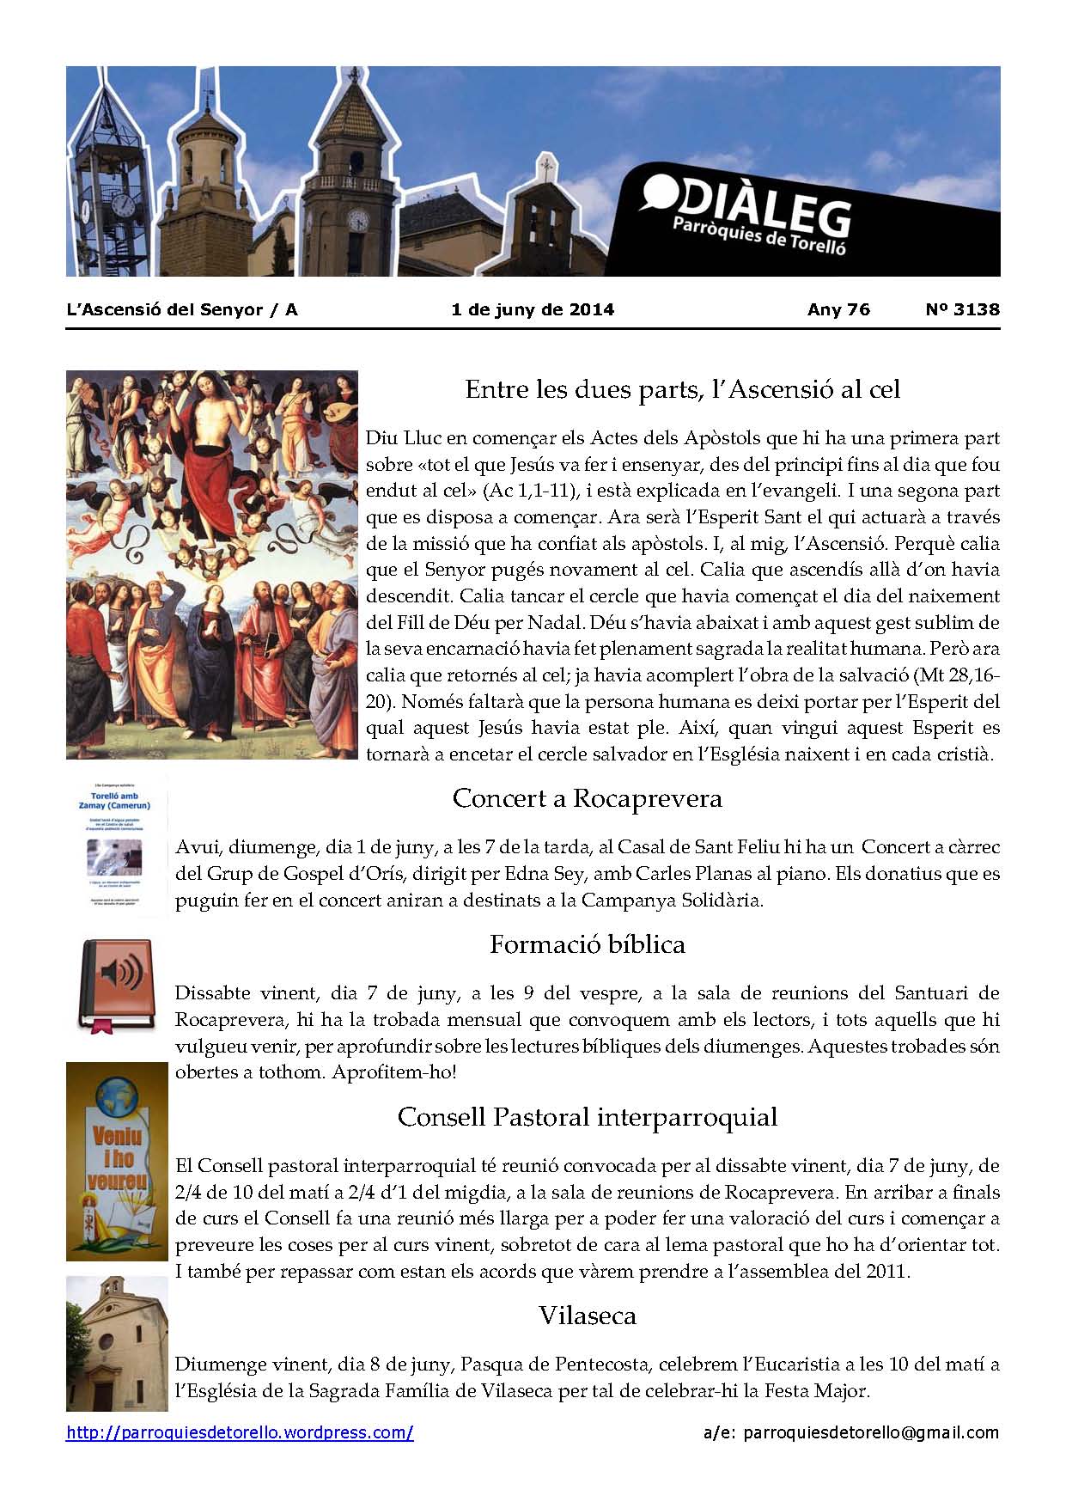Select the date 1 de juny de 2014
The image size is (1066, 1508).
tap(533, 309)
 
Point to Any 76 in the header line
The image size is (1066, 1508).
tap(838, 309)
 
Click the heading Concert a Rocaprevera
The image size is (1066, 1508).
tap(587, 798)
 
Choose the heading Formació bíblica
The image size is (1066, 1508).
tap(587, 944)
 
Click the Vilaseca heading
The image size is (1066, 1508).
tap(587, 1315)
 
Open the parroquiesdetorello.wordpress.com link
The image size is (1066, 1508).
tap(240, 1432)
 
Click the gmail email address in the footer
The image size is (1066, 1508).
tap(870, 1432)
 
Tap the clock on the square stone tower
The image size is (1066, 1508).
tap(357, 221)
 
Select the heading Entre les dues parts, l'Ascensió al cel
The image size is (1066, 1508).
tap(682, 390)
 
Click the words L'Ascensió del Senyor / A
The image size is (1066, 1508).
tap(181, 309)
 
